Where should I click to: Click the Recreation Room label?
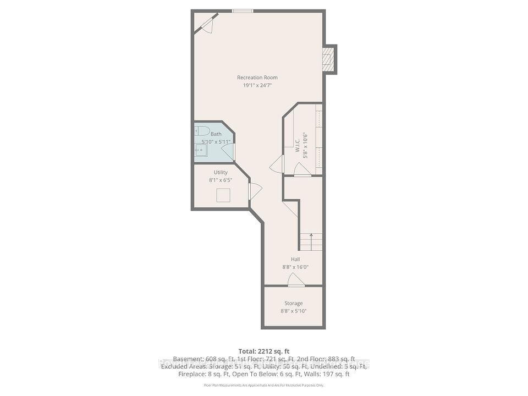[x=257, y=77]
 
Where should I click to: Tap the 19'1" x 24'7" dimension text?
[x=257, y=85]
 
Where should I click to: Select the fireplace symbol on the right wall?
[x=328, y=59]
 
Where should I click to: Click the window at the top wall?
[x=242, y=11]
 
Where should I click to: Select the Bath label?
[x=216, y=134]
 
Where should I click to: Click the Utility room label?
[x=221, y=172]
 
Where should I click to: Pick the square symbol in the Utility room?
[x=223, y=195]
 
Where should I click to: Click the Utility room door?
[x=254, y=191]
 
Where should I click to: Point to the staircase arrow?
[x=312, y=237]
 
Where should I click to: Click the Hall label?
[x=295, y=260]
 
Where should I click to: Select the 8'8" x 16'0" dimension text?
[x=295, y=268]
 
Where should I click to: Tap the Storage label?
[x=293, y=303]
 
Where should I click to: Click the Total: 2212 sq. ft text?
[x=263, y=351]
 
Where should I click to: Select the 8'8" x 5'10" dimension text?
[x=293, y=311]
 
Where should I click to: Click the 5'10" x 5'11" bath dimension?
[x=216, y=142]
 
